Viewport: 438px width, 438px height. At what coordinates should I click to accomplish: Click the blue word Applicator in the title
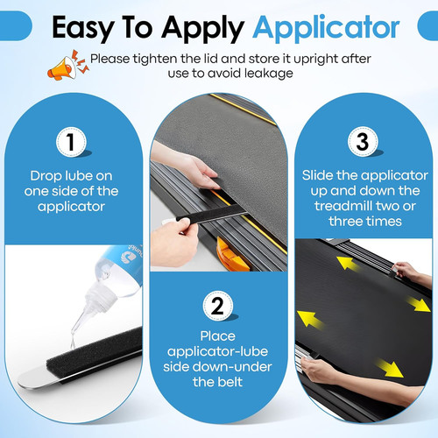326,29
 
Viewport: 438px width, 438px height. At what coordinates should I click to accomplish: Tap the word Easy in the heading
83,29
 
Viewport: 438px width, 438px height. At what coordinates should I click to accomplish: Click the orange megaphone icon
67,66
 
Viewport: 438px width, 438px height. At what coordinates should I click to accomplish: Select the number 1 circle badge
71,142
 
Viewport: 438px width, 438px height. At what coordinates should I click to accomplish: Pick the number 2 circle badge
218,307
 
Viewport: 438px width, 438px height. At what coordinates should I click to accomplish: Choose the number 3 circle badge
363,142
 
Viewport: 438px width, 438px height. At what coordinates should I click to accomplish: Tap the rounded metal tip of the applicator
33,379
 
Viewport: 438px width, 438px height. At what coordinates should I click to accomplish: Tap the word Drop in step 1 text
46,177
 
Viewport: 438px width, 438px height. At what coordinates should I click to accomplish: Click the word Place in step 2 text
218,336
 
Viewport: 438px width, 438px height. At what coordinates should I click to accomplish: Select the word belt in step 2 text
230,382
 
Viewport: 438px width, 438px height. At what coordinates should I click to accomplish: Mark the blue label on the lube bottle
124,260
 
